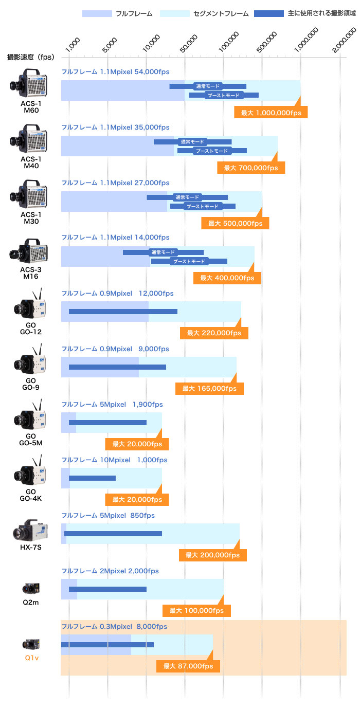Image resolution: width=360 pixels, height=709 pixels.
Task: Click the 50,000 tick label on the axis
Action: (189, 43)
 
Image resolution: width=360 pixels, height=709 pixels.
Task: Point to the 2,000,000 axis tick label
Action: (344, 40)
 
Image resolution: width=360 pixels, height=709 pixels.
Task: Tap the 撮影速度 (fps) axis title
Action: (31, 57)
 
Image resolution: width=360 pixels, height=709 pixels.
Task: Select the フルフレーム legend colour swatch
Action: (97, 13)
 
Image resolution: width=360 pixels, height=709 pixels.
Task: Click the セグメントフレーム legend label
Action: (221, 13)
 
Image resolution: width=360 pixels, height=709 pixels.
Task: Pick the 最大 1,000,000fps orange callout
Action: (271, 113)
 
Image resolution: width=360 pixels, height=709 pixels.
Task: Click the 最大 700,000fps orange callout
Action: (251, 168)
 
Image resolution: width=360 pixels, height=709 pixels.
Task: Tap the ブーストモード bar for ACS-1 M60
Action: (224, 95)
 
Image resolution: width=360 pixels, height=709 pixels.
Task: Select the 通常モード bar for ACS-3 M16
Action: (164, 252)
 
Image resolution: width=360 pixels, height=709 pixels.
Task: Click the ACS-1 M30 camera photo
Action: (29, 194)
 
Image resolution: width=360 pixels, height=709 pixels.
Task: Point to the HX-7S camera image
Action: (30, 530)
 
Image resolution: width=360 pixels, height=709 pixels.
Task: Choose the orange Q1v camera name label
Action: (32, 658)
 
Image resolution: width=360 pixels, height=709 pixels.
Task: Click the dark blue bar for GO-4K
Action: (92, 478)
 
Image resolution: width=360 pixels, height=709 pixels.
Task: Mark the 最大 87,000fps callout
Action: (188, 666)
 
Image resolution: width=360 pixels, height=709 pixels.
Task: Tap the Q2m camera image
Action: (31, 589)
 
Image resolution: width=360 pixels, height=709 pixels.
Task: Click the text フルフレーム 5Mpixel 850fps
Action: (108, 516)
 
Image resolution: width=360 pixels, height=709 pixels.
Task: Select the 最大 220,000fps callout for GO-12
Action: (214, 333)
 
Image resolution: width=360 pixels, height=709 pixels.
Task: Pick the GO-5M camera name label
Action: (31, 440)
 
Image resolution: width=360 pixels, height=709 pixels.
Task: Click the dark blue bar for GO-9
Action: (117, 367)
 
